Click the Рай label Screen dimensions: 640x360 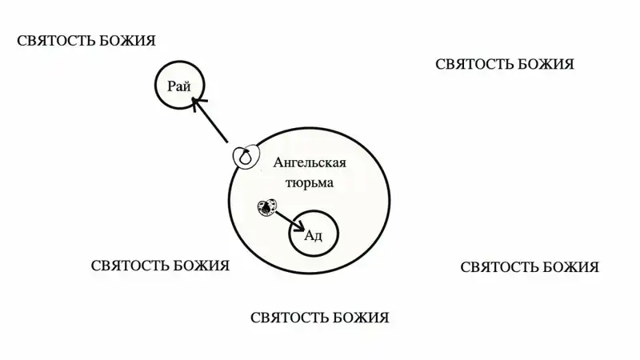(178, 86)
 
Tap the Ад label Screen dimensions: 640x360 (314, 235)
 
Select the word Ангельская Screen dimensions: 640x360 (310, 162)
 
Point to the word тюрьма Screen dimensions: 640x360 (310, 182)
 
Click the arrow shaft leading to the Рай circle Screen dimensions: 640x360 (210, 121)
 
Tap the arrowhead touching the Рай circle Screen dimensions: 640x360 (198, 104)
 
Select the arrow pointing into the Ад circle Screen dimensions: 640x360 (290, 222)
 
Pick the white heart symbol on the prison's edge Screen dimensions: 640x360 (246, 155)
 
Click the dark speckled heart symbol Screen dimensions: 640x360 (267, 207)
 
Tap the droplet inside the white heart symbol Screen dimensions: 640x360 (245, 157)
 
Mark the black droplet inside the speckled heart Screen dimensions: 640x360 (266, 209)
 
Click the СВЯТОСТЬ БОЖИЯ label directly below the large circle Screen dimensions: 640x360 (319, 318)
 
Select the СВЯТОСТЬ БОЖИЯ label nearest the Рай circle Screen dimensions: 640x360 (86, 41)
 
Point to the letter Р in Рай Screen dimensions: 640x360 (172, 86)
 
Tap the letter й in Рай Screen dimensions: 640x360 (187, 86)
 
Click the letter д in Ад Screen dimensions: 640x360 (318, 237)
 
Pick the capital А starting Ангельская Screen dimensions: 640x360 (278, 162)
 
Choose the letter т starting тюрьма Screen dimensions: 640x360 (289, 183)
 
